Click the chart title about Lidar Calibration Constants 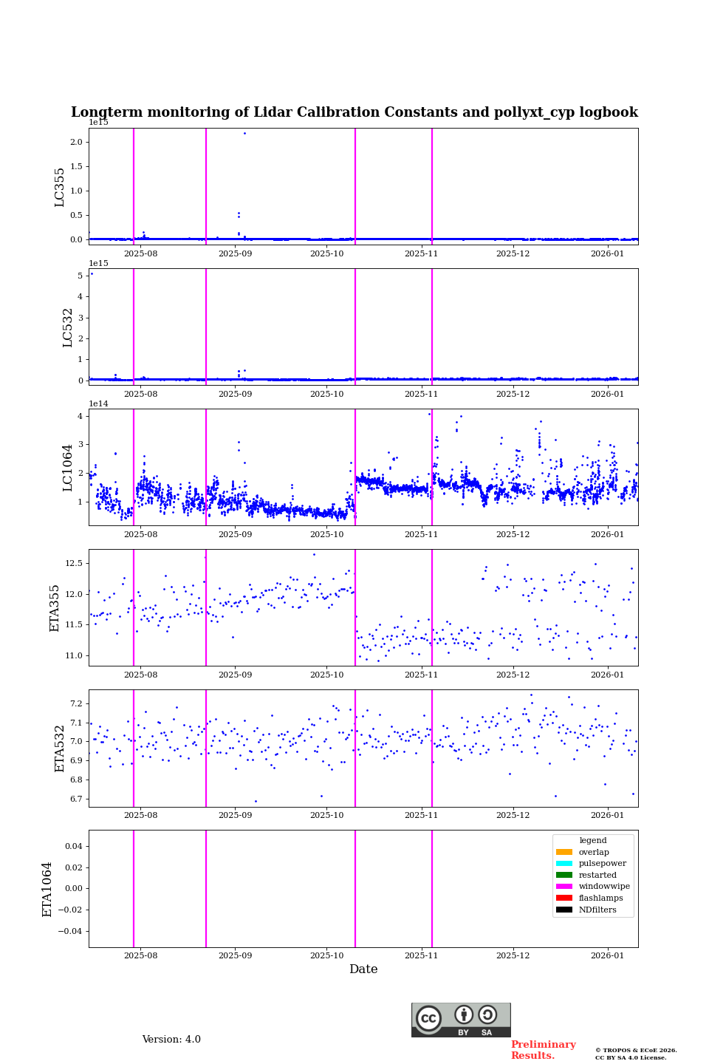pyautogui.click(x=354, y=112)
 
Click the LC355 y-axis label pyautogui.click(x=60, y=187)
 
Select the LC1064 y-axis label pyautogui.click(x=67, y=468)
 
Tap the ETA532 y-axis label pyautogui.click(x=60, y=748)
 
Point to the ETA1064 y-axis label pyautogui.click(x=47, y=889)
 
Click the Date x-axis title pyautogui.click(x=363, y=969)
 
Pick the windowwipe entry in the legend pyautogui.click(x=603, y=887)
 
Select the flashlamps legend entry pyautogui.click(x=600, y=898)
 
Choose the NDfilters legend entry pyautogui.click(x=597, y=910)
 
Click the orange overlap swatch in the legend pyautogui.click(x=564, y=852)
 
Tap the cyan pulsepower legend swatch pyautogui.click(x=564, y=864)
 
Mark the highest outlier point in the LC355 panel pyautogui.click(x=244, y=133)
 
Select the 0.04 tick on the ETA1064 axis pyautogui.click(x=72, y=846)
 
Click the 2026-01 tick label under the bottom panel pyautogui.click(x=607, y=956)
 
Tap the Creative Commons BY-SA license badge pyautogui.click(x=461, y=1020)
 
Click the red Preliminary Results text pyautogui.click(x=543, y=1050)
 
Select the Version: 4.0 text pyautogui.click(x=171, y=1040)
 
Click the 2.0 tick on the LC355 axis pyautogui.click(x=77, y=142)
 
